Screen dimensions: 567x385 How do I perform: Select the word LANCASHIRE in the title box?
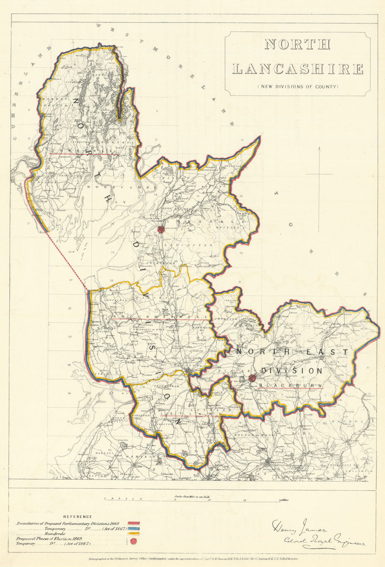tap(298, 69)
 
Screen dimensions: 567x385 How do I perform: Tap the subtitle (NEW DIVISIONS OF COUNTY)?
tap(298, 86)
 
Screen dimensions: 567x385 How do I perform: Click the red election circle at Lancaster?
tap(161, 229)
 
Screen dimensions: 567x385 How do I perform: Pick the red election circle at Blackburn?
tap(252, 378)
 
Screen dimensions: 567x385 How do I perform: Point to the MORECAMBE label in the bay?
tap(121, 187)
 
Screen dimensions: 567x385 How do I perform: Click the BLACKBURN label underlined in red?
tap(291, 385)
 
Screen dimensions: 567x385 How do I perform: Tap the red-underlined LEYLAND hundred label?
tap(191, 414)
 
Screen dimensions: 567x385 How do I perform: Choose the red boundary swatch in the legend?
tap(134, 523)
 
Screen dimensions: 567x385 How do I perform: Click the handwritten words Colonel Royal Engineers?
tap(324, 541)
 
